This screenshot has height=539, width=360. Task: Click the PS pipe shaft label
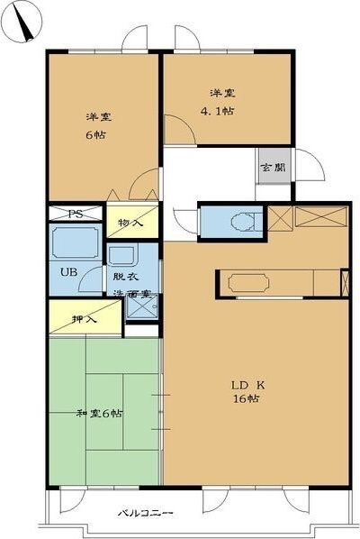pos(76,215)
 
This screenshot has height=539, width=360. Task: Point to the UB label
pos(68,271)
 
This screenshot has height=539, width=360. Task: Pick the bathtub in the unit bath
pos(76,242)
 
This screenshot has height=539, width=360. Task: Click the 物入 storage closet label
pos(130,223)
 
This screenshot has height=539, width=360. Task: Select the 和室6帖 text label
pos(100,413)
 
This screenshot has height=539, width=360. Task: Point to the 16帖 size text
pos(246,399)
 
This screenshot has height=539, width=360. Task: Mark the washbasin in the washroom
pos(122,255)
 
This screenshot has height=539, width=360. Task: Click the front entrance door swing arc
pos(310,168)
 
